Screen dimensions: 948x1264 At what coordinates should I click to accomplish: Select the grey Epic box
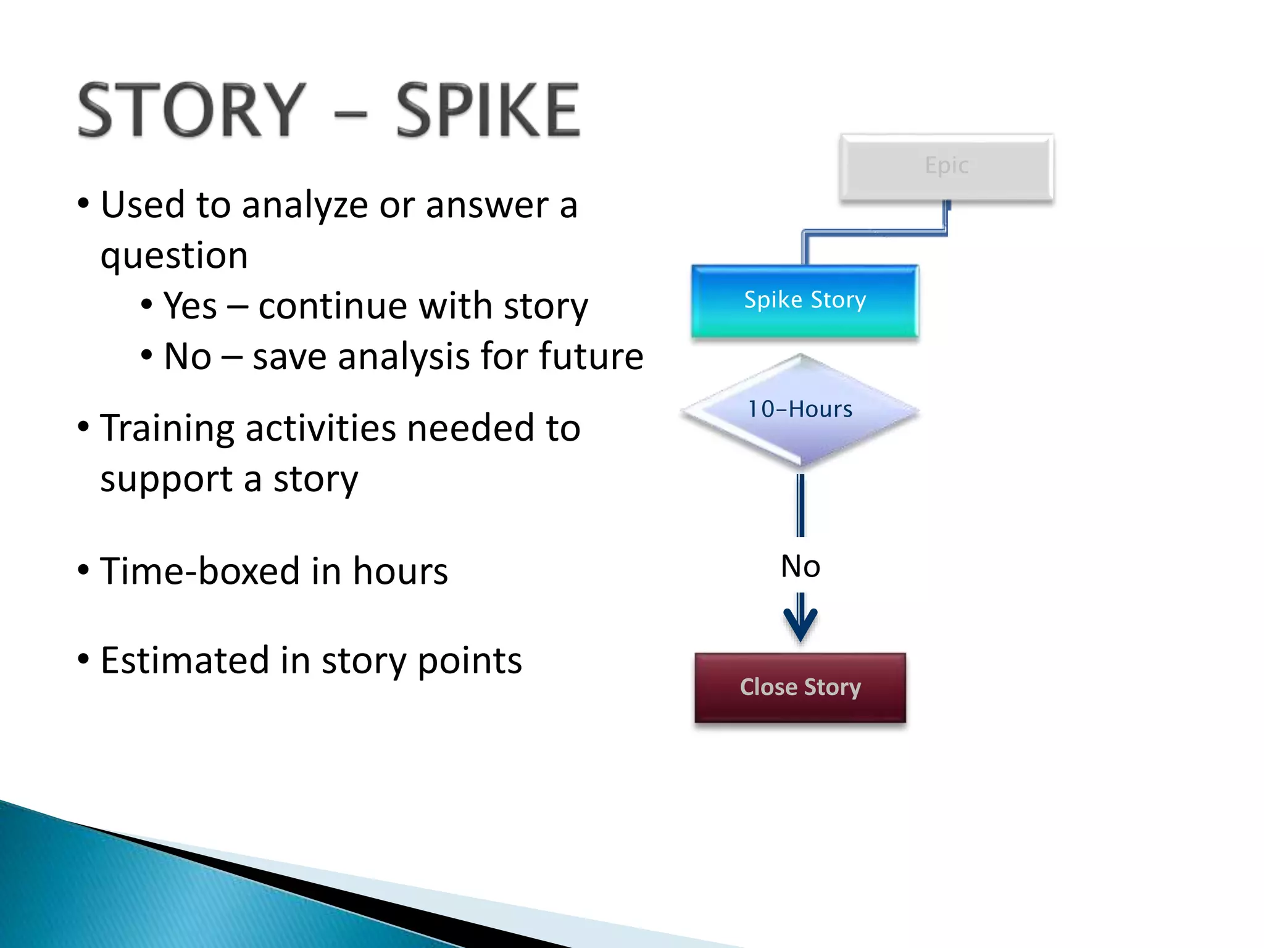(x=946, y=167)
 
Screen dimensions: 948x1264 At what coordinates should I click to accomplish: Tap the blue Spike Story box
(x=805, y=301)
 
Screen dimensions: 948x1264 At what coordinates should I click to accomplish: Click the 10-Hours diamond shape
(x=800, y=410)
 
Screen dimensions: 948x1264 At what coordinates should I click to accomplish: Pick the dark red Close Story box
(x=800, y=687)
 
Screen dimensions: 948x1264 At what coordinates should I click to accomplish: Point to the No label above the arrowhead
(x=800, y=566)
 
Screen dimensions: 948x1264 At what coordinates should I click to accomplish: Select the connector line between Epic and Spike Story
(x=875, y=233)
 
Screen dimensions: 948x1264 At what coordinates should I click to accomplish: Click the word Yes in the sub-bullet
(x=190, y=306)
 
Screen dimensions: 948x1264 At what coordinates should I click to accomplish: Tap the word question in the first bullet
(x=174, y=256)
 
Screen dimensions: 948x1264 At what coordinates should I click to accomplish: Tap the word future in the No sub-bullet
(x=591, y=356)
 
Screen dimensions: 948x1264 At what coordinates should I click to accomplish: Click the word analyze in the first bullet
(x=305, y=206)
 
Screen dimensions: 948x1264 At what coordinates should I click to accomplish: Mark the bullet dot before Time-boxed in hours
(x=83, y=570)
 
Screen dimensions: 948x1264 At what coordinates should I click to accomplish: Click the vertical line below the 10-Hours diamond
(x=800, y=505)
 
